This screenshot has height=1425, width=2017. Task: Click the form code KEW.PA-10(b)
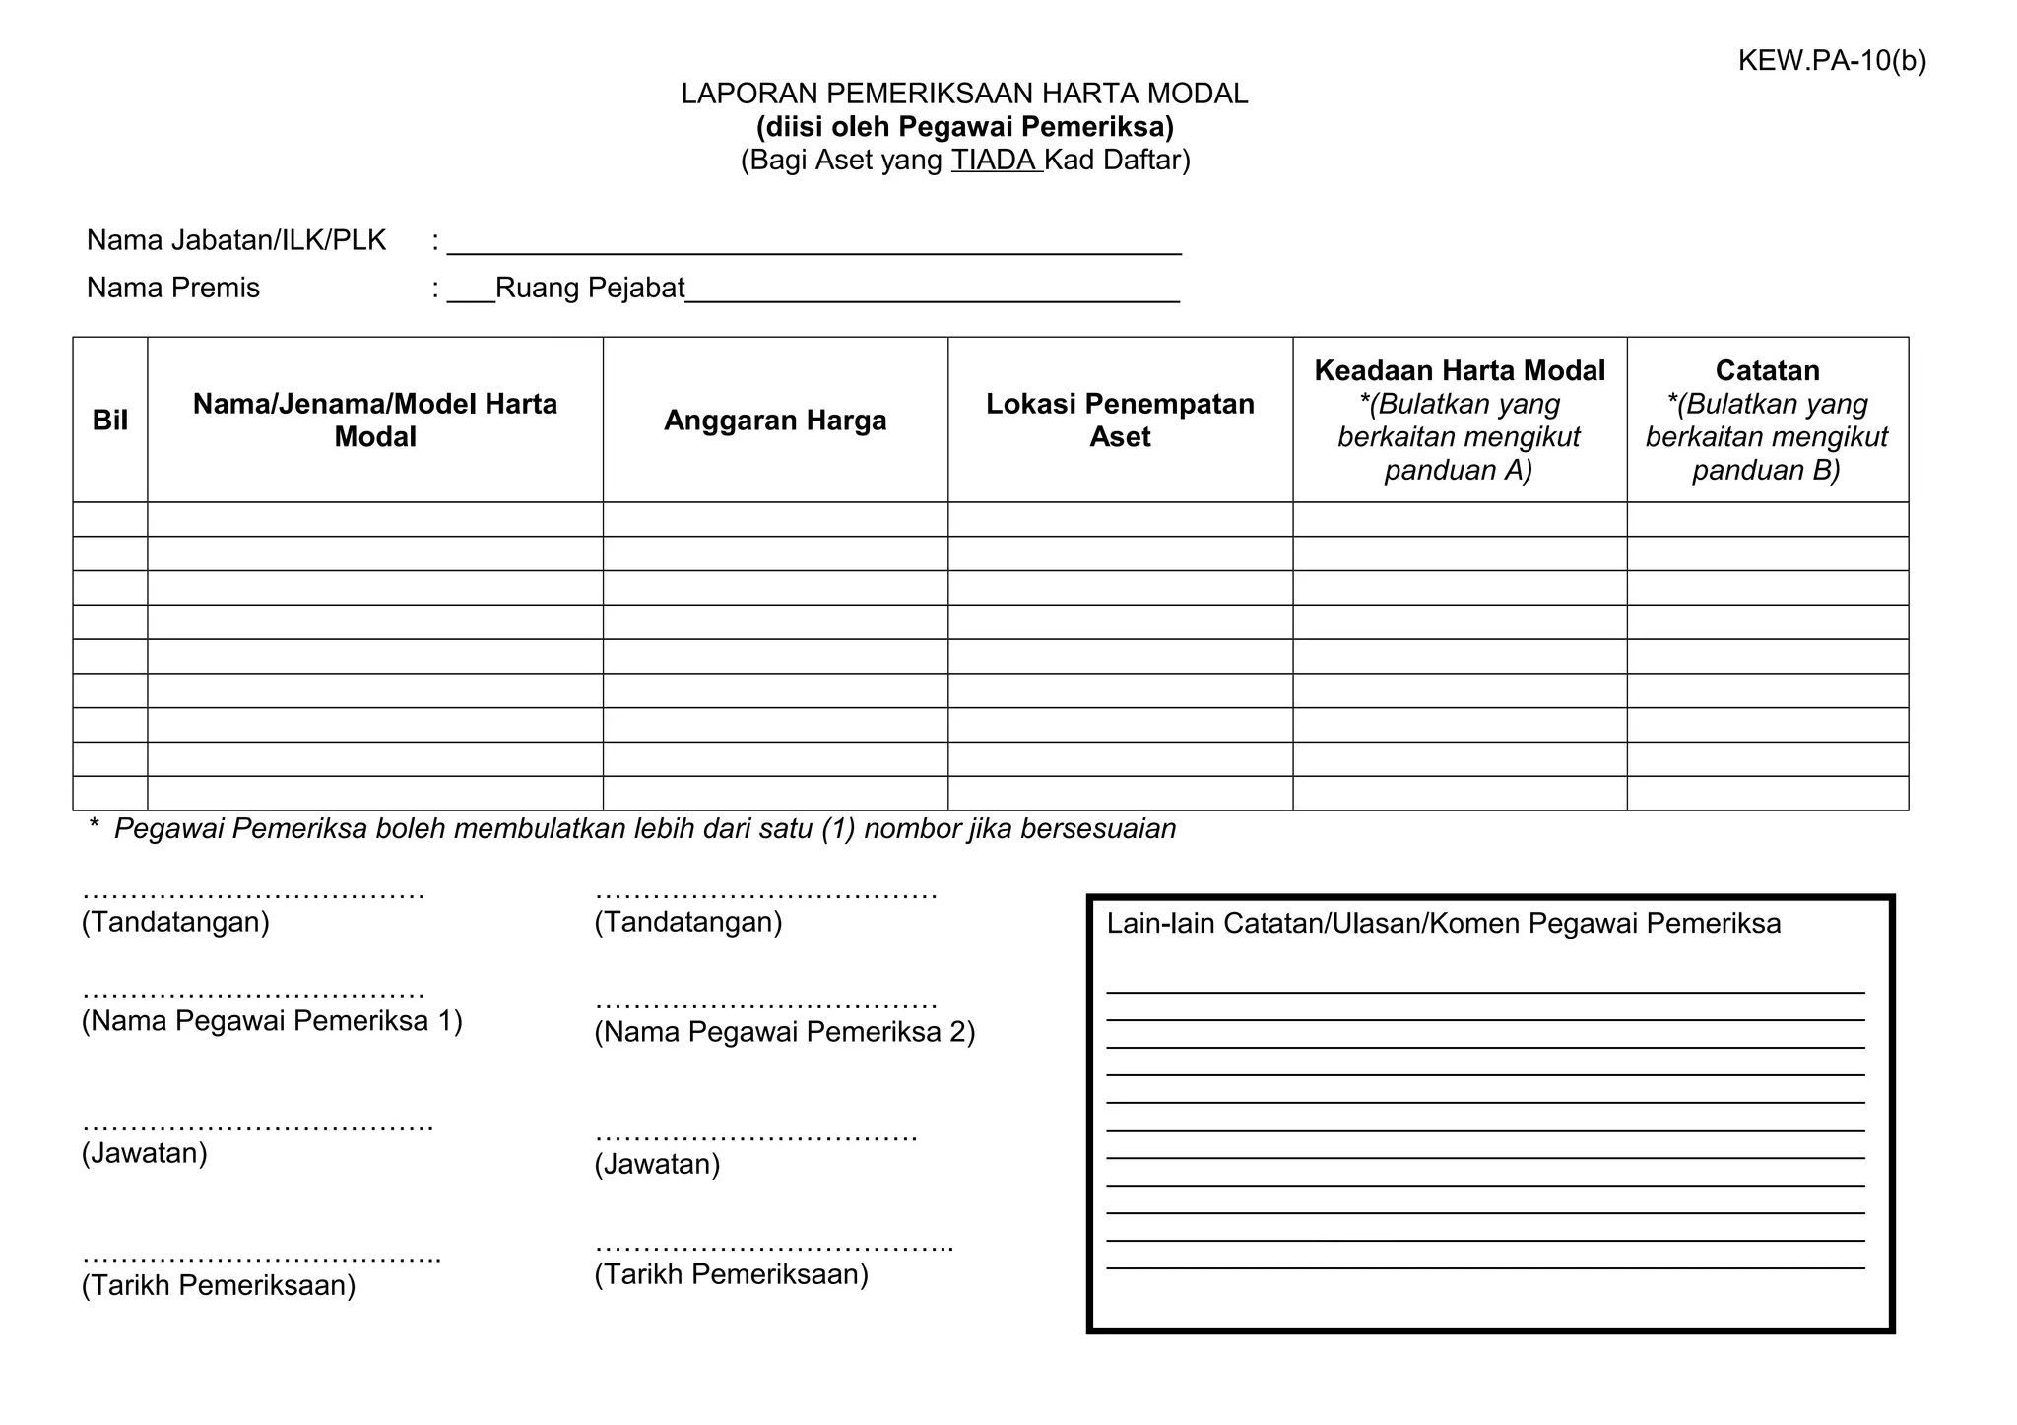pyautogui.click(x=1831, y=61)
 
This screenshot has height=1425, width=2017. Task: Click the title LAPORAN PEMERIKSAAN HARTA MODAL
pyautogui.click(x=964, y=94)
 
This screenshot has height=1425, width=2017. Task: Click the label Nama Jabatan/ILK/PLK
pyautogui.click(x=236, y=240)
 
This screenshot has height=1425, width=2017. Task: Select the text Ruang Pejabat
pyautogui.click(x=589, y=288)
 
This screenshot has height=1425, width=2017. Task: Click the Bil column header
pyautogui.click(x=110, y=421)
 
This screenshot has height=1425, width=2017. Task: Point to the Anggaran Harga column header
pyautogui.click(x=775, y=421)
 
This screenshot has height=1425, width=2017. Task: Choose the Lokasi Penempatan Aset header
pyautogui.click(x=1120, y=421)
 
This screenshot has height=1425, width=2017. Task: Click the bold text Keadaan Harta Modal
pyautogui.click(x=1459, y=371)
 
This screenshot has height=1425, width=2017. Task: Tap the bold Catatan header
pyautogui.click(x=1767, y=371)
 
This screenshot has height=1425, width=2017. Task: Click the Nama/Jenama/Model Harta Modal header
pyautogui.click(x=375, y=421)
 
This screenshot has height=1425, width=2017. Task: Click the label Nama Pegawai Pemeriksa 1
pyautogui.click(x=272, y=1021)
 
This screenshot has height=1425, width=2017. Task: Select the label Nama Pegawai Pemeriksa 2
pyautogui.click(x=784, y=1032)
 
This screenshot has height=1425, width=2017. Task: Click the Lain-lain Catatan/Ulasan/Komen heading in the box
pyautogui.click(x=1443, y=924)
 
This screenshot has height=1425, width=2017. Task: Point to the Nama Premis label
pyautogui.click(x=173, y=288)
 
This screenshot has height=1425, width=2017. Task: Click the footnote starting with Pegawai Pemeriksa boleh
pyautogui.click(x=644, y=829)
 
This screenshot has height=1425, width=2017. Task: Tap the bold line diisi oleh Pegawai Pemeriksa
pyautogui.click(x=964, y=127)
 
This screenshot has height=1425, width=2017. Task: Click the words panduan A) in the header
pyautogui.click(x=1459, y=470)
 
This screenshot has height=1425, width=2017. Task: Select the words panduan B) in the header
pyautogui.click(x=1766, y=470)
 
